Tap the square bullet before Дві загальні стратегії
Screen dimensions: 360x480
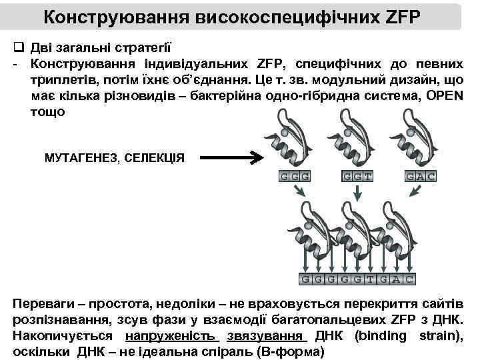(19, 48)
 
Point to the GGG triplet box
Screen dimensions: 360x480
(294, 176)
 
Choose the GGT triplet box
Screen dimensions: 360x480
(357, 176)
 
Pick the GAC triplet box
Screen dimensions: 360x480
(421, 176)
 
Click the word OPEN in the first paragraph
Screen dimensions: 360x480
(440, 96)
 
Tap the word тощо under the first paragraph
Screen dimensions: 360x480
(48, 111)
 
